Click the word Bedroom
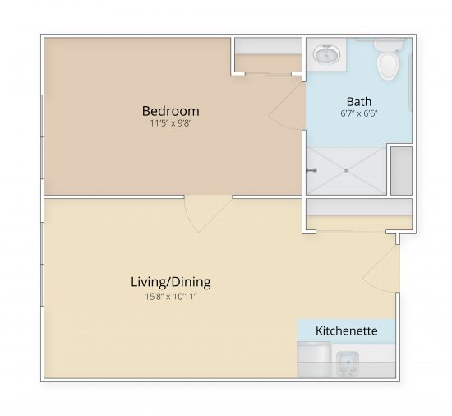pyautogui.click(x=170, y=111)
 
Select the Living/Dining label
pyautogui.click(x=170, y=282)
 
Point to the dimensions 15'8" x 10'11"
pyautogui.click(x=170, y=297)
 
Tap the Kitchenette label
pyautogui.click(x=346, y=330)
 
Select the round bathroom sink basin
pyautogui.click(x=325, y=55)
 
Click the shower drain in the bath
pyautogui.click(x=346, y=171)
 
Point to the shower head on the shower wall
pyautogui.click(x=311, y=171)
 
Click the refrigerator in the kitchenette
pyautogui.click(x=313, y=360)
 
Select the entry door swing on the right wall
pyautogui.click(x=383, y=267)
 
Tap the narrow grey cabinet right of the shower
pyautogui.click(x=401, y=170)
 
